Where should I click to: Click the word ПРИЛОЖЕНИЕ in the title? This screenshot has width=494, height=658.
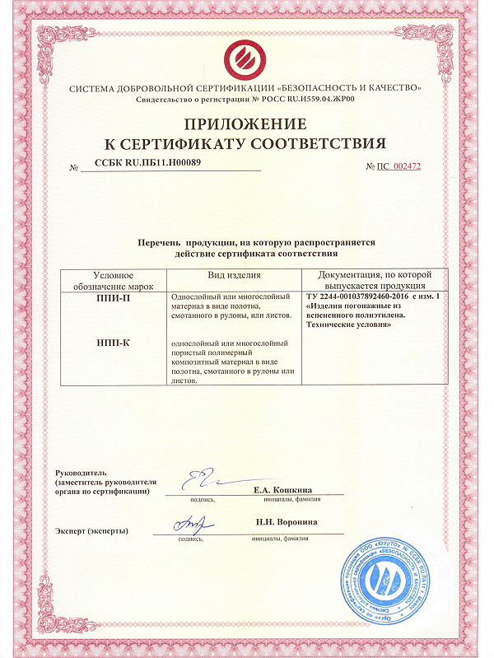tap(246, 124)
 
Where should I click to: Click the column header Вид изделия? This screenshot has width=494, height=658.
tap(235, 275)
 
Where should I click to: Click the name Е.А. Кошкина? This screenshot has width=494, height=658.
tap(286, 490)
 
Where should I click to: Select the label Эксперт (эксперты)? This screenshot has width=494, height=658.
tap(91, 530)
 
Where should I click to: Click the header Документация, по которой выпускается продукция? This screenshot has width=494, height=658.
tap(375, 280)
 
